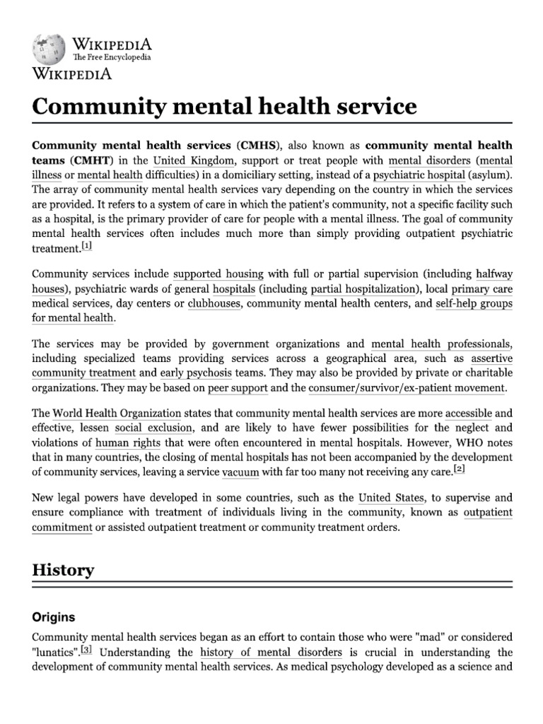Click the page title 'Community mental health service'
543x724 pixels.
[x=224, y=107]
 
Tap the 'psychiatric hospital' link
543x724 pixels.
[x=418, y=175]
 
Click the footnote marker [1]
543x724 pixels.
[x=87, y=246]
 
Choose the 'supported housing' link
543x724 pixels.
[x=218, y=274]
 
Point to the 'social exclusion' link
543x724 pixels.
[x=153, y=428]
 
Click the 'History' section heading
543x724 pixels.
[x=63, y=570]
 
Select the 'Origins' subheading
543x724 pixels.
[x=54, y=617]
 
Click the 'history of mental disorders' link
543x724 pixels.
[x=271, y=652]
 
